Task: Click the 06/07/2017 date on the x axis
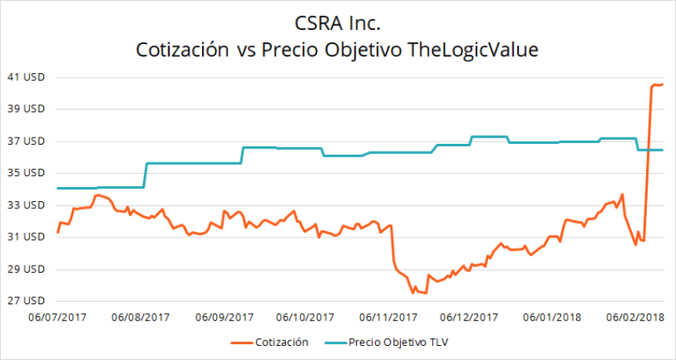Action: pyautogui.click(x=57, y=317)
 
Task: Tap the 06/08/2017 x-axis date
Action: pyautogui.click(x=141, y=317)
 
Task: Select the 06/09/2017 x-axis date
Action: pyautogui.click(x=224, y=317)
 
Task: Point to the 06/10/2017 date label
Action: pyautogui.click(x=305, y=317)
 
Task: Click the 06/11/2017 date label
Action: pyautogui.click(x=388, y=317)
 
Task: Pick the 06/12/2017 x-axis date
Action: pyautogui.click(x=469, y=317)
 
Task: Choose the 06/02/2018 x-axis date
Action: pyautogui.click(x=634, y=317)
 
